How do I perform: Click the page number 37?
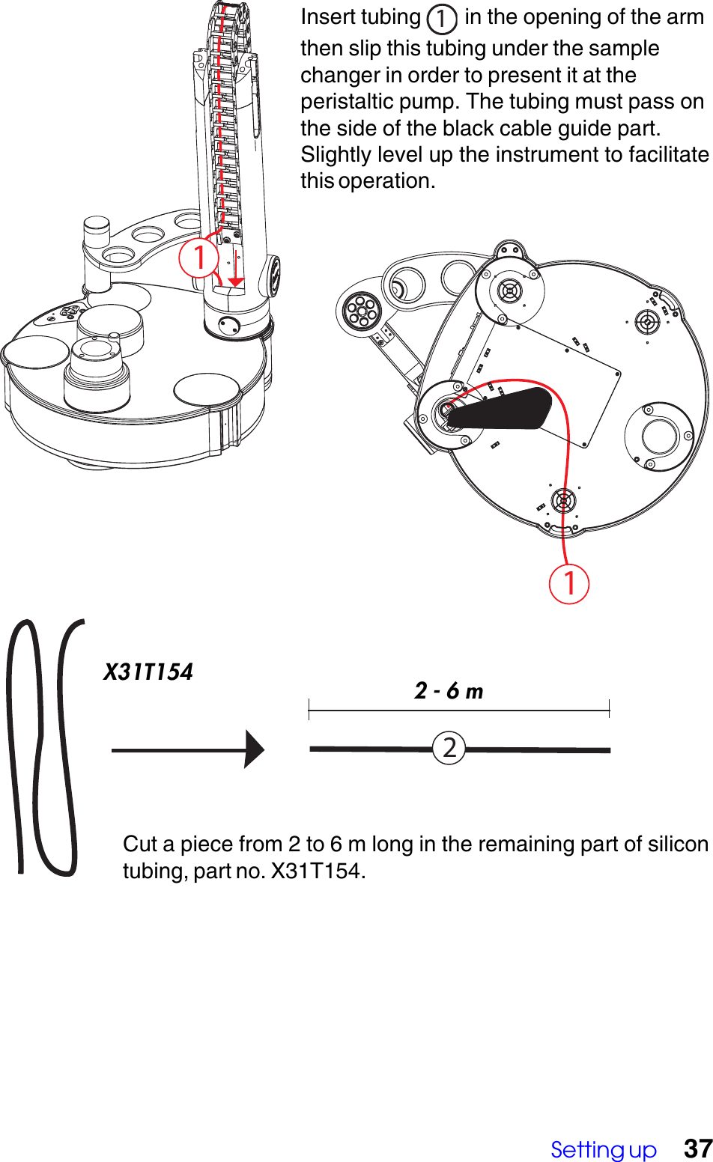(698, 1148)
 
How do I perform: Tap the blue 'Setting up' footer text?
(603, 1149)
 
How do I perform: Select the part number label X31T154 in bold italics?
(148, 672)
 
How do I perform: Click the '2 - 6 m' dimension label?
(449, 690)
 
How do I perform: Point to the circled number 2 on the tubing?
(449, 748)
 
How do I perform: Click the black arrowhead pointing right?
(255, 749)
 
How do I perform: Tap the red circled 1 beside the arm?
(198, 258)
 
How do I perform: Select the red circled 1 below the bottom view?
(568, 583)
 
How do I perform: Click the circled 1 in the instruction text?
(442, 19)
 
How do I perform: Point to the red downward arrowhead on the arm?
(236, 282)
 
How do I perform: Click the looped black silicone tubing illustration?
(43, 749)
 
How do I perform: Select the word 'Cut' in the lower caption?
(140, 844)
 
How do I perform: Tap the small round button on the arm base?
(229, 325)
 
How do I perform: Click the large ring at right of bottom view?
(659, 436)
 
